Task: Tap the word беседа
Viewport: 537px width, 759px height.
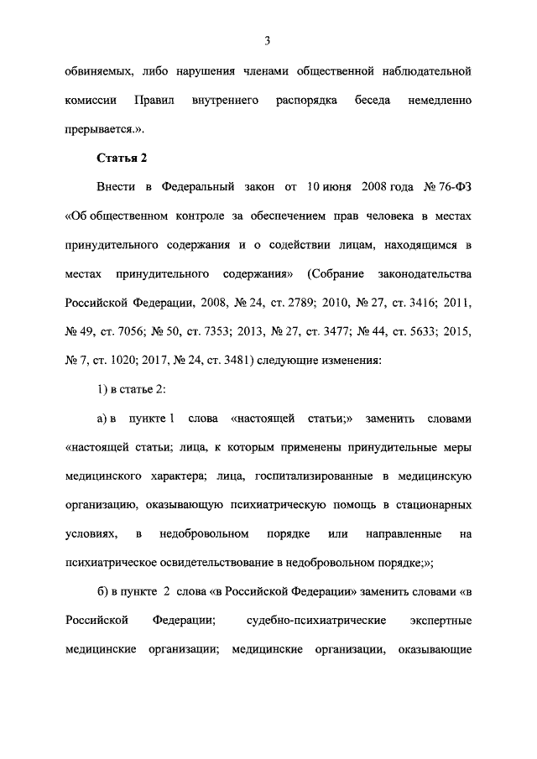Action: [375, 101]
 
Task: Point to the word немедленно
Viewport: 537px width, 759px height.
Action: [442, 101]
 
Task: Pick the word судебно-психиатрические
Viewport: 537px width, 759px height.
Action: [315, 621]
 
